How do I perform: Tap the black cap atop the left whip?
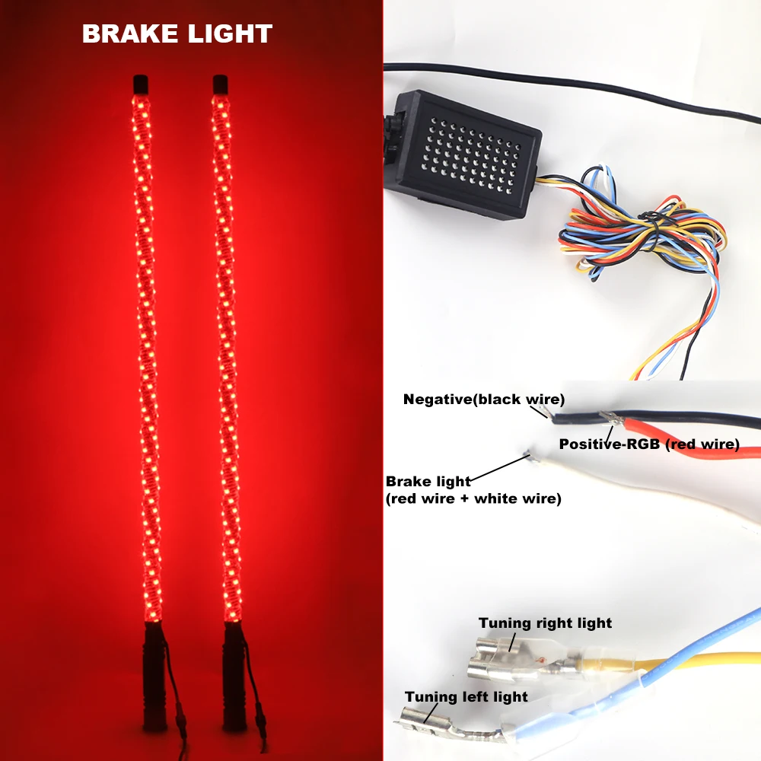[x=142, y=81]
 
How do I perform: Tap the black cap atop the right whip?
[x=221, y=81]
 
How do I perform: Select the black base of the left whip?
[x=154, y=670]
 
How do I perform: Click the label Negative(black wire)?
[x=484, y=399]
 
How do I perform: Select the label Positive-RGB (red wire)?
[x=649, y=444]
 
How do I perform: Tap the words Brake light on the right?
[x=428, y=481]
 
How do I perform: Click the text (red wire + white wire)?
[x=473, y=499]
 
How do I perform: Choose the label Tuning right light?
[x=545, y=623]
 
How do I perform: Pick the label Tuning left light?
[x=466, y=696]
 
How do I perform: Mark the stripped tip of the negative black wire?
[x=545, y=413]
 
